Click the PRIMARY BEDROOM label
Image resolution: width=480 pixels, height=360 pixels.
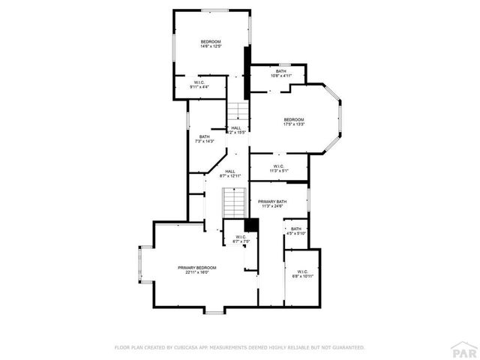tap(196, 268)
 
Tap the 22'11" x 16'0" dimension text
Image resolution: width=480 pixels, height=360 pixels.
tap(196, 273)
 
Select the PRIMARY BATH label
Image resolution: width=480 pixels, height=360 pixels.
tap(272, 202)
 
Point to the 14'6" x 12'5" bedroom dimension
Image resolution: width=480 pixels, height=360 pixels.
tap(211, 46)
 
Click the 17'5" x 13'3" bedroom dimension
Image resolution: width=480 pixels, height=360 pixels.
tap(294, 125)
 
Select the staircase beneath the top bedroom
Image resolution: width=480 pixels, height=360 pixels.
tap(238, 111)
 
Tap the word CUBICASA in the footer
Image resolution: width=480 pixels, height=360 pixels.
tap(187, 348)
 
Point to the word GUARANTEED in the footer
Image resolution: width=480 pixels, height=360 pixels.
tap(348, 348)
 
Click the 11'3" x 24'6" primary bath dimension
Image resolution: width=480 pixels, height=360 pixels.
tap(272, 207)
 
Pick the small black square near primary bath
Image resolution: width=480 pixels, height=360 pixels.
tap(252, 224)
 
